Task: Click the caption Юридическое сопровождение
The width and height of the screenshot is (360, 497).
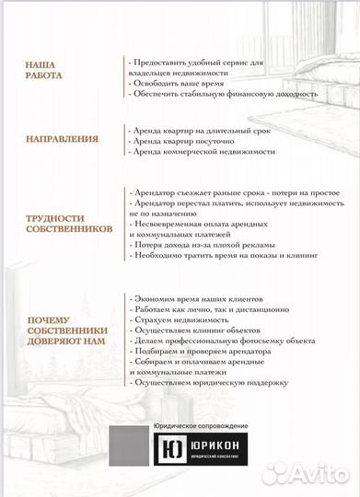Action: click(x=200, y=426)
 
